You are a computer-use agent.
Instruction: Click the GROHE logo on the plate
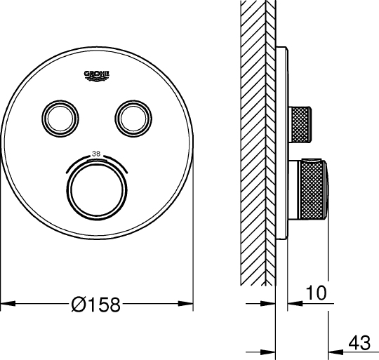tap(97, 76)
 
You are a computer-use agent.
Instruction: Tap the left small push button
tap(60, 119)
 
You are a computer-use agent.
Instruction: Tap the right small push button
tap(133, 119)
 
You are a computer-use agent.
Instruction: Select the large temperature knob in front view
tap(97, 190)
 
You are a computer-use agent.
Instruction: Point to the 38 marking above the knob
tap(96, 154)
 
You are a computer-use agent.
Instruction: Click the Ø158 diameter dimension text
tap(95, 304)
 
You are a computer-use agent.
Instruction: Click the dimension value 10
tap(316, 293)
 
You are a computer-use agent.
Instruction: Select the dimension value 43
tap(359, 342)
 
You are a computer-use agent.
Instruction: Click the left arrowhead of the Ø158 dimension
tap(8, 303)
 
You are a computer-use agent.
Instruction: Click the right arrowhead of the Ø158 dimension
tap(185, 303)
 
